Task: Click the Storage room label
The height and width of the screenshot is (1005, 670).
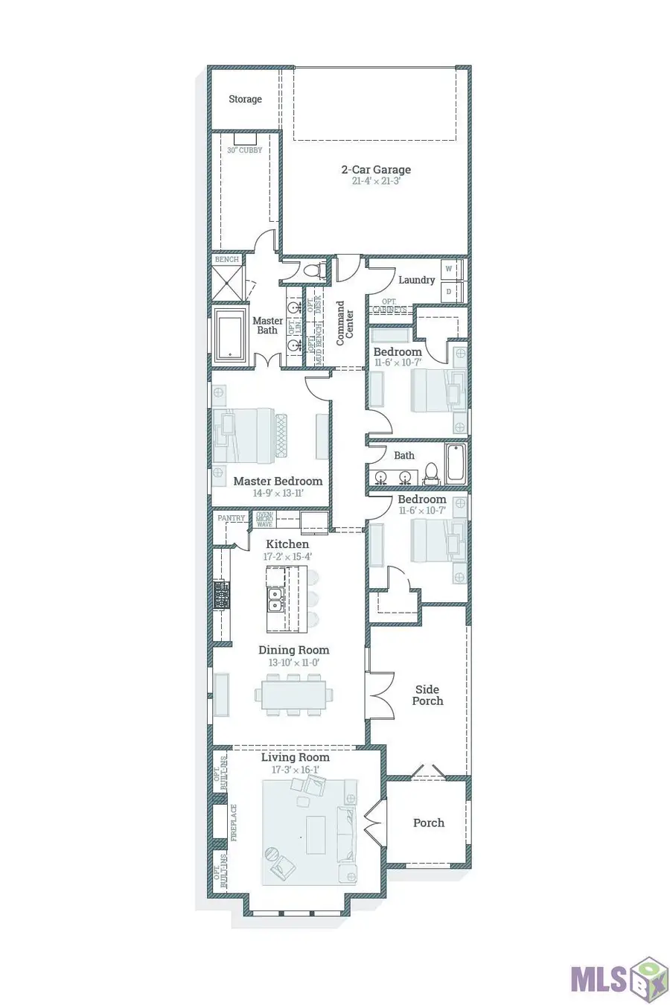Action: tap(245, 99)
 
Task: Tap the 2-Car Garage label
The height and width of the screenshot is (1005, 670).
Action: tap(376, 170)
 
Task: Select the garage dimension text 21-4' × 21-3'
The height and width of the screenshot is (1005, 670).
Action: tap(376, 181)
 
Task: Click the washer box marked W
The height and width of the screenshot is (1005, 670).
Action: tap(450, 269)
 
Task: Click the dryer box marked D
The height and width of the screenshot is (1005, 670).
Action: tap(450, 293)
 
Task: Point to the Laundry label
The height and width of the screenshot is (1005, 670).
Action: tap(416, 280)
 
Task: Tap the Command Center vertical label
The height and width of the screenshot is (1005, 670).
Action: tap(345, 322)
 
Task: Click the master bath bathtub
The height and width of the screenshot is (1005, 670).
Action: tap(230, 336)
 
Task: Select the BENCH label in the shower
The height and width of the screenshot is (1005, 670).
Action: tap(227, 259)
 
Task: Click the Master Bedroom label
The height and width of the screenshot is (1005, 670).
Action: tap(278, 481)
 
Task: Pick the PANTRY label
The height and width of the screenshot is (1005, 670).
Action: tap(231, 518)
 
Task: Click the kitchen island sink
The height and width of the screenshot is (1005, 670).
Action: tap(275, 600)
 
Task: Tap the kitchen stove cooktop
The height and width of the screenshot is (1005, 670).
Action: tap(221, 595)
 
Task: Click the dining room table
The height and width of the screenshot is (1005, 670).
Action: tap(293, 695)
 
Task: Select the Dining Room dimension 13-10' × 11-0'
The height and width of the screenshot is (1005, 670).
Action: tap(293, 663)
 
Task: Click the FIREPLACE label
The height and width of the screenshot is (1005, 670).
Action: tap(234, 823)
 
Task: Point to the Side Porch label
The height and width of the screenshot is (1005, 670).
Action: tap(427, 695)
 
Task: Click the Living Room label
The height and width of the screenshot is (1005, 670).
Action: tap(295, 757)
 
